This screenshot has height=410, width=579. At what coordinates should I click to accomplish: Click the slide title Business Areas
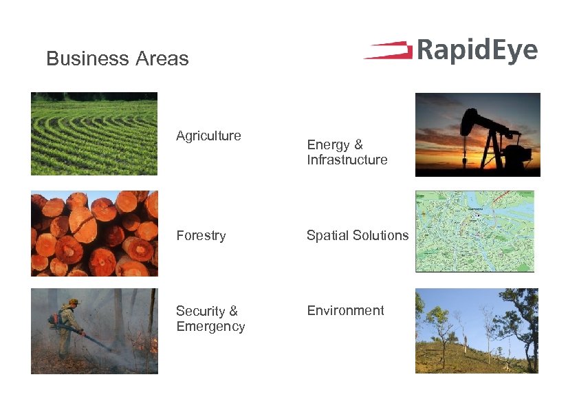point(117,59)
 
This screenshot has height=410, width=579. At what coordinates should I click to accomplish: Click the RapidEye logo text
point(476,52)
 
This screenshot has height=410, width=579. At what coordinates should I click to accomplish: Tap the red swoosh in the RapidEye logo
point(387,51)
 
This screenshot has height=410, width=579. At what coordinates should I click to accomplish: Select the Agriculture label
point(208,136)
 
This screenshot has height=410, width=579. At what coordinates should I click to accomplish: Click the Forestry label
point(201,235)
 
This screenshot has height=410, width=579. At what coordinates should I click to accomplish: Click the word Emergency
point(210,327)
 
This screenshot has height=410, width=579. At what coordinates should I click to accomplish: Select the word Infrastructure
point(347,160)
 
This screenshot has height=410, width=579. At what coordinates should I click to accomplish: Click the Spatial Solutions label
point(357,235)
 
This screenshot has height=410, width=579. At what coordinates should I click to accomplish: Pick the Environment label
point(345,311)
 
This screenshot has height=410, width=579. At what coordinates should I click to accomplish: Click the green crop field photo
point(94,134)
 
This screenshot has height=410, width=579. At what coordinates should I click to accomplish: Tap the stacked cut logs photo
point(94,234)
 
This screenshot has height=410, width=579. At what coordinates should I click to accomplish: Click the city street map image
point(474,231)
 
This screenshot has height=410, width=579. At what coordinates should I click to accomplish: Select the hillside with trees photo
point(477,331)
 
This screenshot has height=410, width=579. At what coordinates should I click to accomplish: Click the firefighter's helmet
point(74,301)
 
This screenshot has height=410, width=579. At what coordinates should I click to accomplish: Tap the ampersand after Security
point(233,312)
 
